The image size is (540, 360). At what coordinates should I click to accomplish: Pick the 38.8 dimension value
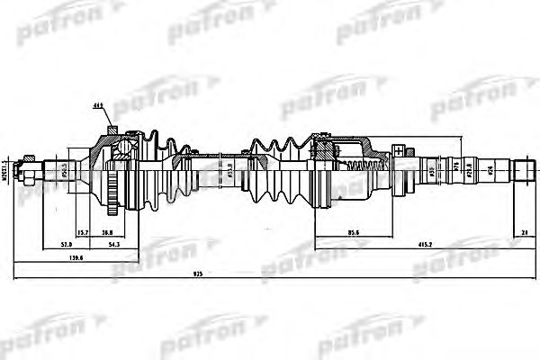coord(108,232)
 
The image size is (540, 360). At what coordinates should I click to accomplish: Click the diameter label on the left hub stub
coord(64,168)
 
